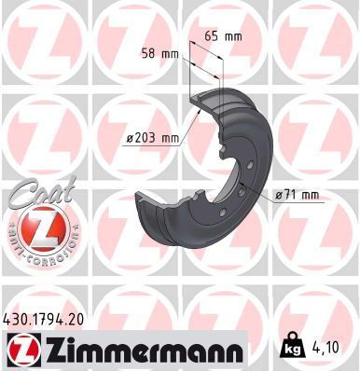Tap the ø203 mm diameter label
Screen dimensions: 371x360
152,139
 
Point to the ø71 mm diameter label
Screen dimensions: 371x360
298,195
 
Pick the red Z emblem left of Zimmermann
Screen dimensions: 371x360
21,350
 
